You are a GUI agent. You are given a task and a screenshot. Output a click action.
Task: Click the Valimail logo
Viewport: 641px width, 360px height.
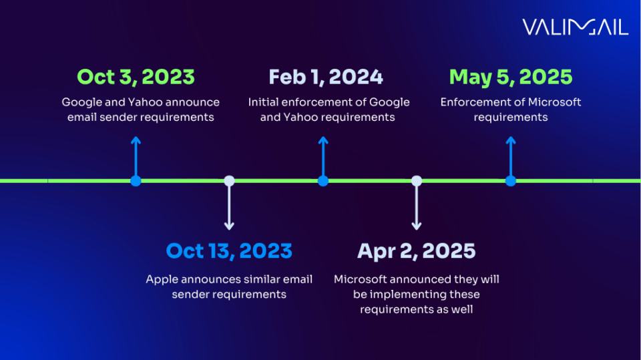coord(575,27)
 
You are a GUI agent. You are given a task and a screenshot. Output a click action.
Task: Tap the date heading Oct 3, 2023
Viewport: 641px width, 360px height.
coord(136,77)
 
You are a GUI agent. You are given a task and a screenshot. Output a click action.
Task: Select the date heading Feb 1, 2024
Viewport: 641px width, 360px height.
coord(326,77)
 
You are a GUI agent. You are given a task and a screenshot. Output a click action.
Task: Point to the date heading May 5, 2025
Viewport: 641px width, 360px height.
coord(511,77)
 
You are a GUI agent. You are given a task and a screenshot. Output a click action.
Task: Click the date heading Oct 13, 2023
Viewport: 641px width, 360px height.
coord(229,250)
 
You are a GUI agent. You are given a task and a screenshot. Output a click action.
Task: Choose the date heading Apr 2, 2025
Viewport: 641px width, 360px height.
coord(417,250)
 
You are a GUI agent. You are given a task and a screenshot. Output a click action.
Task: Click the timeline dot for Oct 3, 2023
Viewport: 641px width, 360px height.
coord(136,180)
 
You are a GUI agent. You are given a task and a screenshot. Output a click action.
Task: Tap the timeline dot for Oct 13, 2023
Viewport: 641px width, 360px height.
coord(229,180)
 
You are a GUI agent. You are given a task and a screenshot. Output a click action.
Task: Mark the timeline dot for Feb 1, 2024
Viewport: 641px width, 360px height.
coord(323,180)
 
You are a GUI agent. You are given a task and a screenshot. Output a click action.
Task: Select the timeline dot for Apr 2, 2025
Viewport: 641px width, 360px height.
coord(417,180)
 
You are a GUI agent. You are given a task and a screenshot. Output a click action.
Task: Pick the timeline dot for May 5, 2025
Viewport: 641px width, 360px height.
coord(511,180)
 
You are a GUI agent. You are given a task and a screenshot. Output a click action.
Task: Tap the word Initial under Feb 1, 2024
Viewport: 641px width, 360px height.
coord(264,102)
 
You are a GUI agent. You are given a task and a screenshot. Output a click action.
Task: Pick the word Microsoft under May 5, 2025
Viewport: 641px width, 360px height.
coord(555,102)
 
